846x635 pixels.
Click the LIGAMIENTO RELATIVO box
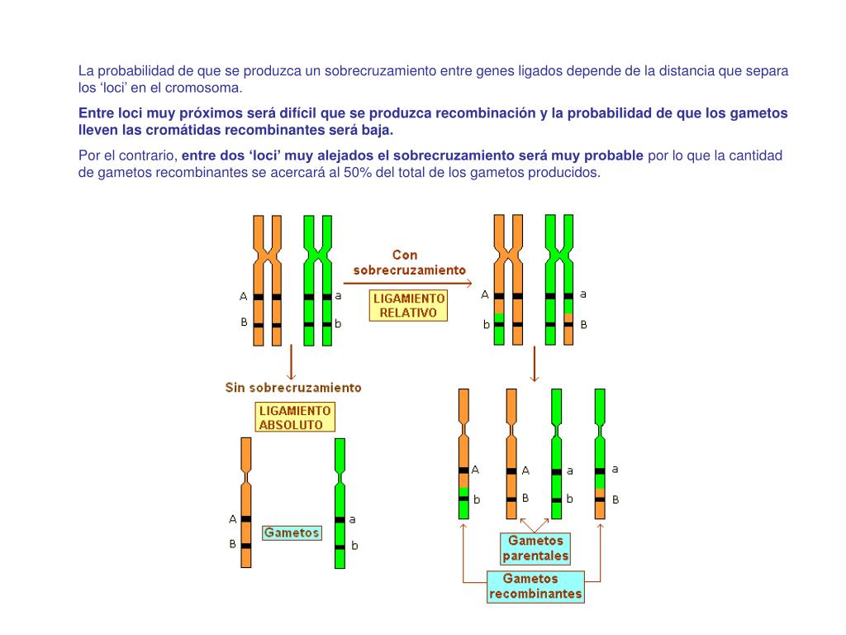pyautogui.click(x=408, y=305)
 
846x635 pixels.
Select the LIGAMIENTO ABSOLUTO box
pyautogui.click(x=295, y=418)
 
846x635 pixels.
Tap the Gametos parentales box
pyautogui.click(x=536, y=548)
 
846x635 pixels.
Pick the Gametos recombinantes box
pyautogui.click(x=535, y=586)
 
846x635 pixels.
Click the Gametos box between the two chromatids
pyautogui.click(x=292, y=532)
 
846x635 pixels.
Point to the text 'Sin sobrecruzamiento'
pyautogui.click(x=293, y=387)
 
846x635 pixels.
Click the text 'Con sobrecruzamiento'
pyautogui.click(x=409, y=262)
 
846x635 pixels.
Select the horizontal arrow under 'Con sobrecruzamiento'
pyautogui.click(x=408, y=284)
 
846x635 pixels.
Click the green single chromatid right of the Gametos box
pyautogui.click(x=340, y=503)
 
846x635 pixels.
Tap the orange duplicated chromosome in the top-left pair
pyautogui.click(x=267, y=281)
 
